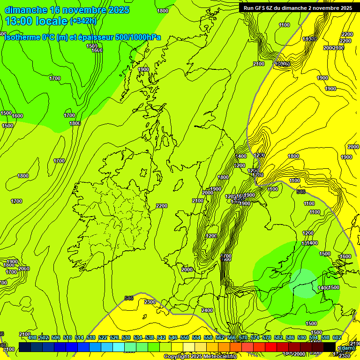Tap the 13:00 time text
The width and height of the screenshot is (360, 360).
pos(19,21)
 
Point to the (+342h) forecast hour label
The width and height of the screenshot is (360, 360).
pos(83,21)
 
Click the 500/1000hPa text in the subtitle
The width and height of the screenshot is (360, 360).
pos(135,37)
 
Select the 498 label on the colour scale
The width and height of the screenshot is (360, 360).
pos(32,337)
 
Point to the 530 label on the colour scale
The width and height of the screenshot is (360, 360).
pos(126,337)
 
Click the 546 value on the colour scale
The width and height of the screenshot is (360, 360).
pos(173,337)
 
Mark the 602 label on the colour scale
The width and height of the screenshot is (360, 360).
pos(337,337)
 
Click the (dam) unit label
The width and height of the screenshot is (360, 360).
pos(346,347)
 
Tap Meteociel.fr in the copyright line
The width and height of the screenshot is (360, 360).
pos(220,357)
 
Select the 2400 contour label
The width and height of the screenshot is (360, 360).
pos(207,310)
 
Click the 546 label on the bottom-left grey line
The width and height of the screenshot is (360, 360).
pos(129,298)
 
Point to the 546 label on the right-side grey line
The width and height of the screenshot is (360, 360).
pos(301,191)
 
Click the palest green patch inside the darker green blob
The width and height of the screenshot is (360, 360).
pos(304,284)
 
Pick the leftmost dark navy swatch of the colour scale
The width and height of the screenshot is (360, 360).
pos(25,347)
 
